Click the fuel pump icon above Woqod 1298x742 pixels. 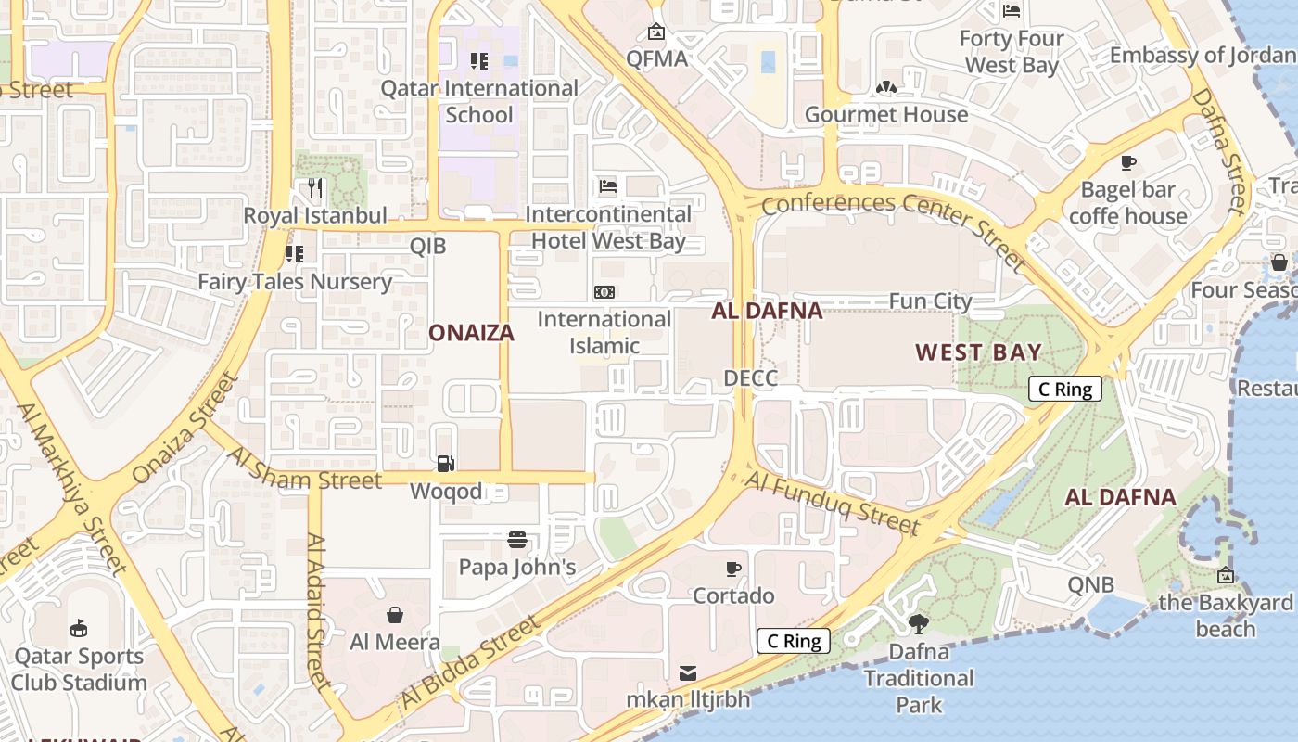446,463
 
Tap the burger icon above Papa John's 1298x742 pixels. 517,539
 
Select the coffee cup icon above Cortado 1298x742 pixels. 733,568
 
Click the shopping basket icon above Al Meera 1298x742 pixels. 395,614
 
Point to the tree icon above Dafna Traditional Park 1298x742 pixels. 919,623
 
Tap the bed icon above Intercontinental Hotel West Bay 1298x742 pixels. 607,185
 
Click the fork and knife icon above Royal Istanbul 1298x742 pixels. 315,188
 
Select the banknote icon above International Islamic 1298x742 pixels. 604,291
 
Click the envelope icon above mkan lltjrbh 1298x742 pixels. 688,672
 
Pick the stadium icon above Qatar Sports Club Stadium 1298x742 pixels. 79,628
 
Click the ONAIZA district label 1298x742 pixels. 471,333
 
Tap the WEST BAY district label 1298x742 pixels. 978,352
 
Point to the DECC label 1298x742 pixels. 750,377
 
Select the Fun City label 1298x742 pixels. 930,301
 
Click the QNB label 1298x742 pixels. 1090,585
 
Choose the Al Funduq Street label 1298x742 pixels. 833,503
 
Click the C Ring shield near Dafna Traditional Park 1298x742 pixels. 793,641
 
